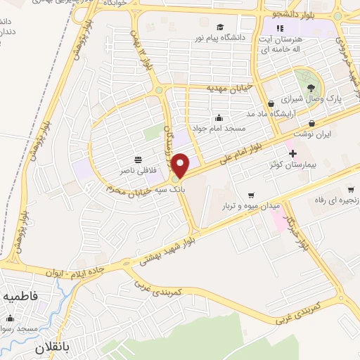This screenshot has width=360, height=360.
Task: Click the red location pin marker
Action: point(181,165)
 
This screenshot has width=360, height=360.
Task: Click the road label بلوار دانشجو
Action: point(296,13)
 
